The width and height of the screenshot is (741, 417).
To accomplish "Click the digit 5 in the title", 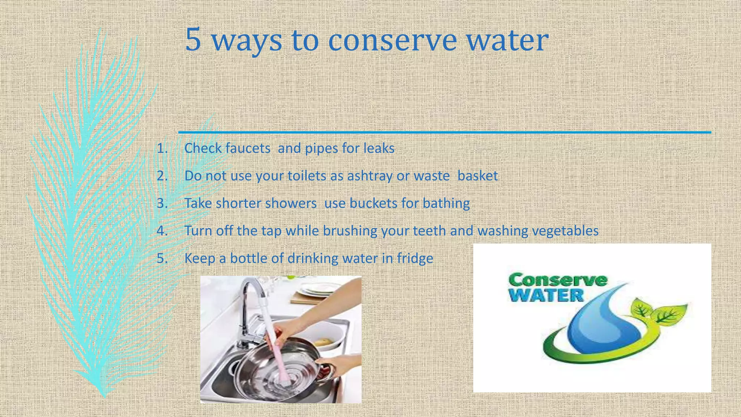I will (x=193, y=40).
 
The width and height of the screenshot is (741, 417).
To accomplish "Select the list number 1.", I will (x=162, y=148).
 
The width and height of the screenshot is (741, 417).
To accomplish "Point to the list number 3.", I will (x=162, y=203).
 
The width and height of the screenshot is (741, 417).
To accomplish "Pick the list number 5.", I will (x=162, y=258).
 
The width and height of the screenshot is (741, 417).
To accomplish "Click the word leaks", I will (x=379, y=148).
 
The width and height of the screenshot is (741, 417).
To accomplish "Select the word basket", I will (x=478, y=176).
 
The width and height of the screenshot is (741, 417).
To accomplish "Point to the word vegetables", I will (x=565, y=231).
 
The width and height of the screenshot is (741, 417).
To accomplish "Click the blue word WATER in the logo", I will (x=547, y=295).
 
